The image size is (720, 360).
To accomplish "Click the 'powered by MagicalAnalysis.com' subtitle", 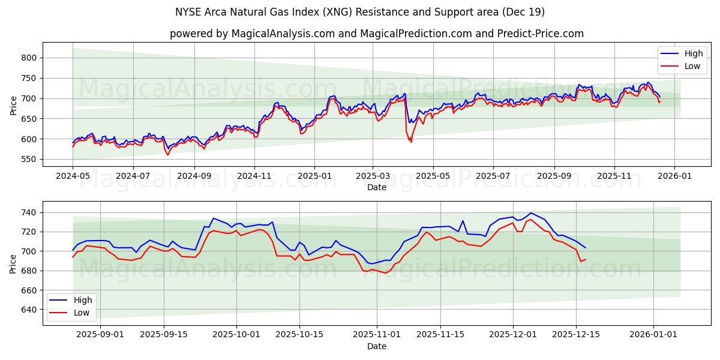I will tap(377, 34).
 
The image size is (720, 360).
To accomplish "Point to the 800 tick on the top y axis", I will tap(29, 58).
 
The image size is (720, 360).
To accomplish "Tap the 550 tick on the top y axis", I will tap(29, 159).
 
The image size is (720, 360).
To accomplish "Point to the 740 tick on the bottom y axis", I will tap(29, 212).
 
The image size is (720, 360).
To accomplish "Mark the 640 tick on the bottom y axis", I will tap(29, 310).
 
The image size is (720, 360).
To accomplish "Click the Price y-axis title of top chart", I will tap(13, 104).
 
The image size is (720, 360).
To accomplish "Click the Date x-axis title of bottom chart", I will tap(377, 346).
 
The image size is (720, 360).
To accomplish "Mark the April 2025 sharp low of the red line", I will tap(411, 142).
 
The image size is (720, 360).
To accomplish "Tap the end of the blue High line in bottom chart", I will tap(586, 248).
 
